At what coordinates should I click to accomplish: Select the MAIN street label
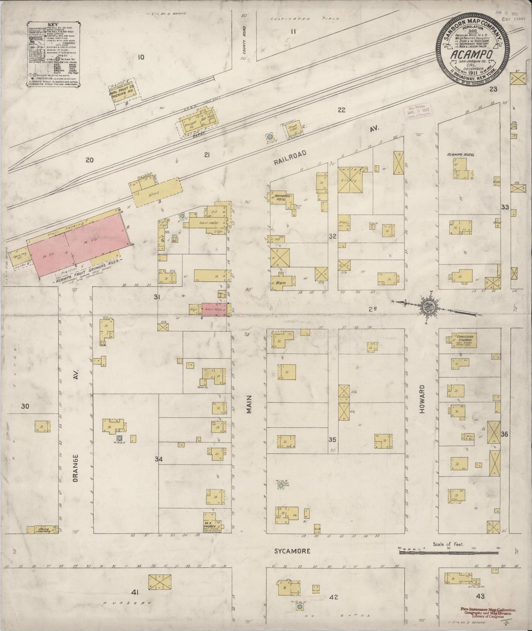[249, 404]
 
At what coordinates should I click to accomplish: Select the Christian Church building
[461, 340]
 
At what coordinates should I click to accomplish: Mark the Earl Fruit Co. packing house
[124, 91]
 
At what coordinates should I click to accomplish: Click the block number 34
[158, 459]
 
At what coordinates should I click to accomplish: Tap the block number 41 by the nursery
[135, 592]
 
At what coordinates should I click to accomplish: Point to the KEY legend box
[53, 56]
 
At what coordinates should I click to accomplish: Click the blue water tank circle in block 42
[300, 606]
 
